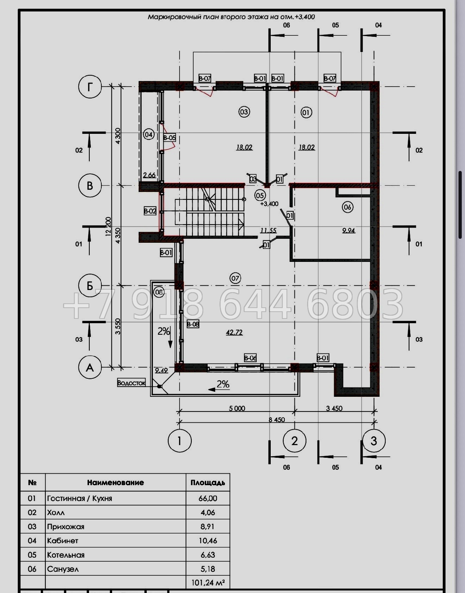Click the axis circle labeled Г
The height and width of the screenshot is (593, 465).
tap(90, 87)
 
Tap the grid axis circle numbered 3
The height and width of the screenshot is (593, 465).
tap(374, 441)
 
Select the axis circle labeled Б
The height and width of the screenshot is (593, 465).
tap(90, 286)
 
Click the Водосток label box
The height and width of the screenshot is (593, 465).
tap(132, 383)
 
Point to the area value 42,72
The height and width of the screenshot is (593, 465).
tap(234, 332)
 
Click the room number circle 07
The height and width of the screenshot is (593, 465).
tap(235, 278)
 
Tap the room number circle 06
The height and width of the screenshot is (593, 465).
tap(347, 207)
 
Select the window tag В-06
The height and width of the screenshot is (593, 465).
tap(250, 358)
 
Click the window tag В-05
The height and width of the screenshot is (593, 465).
tap(169, 138)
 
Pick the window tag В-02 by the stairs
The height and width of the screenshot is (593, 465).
tap(150, 211)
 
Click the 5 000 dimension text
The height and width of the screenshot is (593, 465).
tap(237, 409)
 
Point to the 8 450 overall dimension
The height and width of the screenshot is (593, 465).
tap(276, 420)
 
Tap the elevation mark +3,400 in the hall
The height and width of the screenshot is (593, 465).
tap(269, 204)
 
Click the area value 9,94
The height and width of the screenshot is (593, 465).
tap(349, 230)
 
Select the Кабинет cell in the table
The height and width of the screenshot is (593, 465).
tap(63, 541)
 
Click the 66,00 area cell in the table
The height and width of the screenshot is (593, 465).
tap(208, 498)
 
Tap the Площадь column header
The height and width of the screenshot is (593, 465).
tap(208, 483)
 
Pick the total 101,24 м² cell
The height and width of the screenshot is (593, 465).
tap(208, 583)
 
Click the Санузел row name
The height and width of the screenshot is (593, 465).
tap(63, 569)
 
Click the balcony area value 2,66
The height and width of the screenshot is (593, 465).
tap(150, 175)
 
